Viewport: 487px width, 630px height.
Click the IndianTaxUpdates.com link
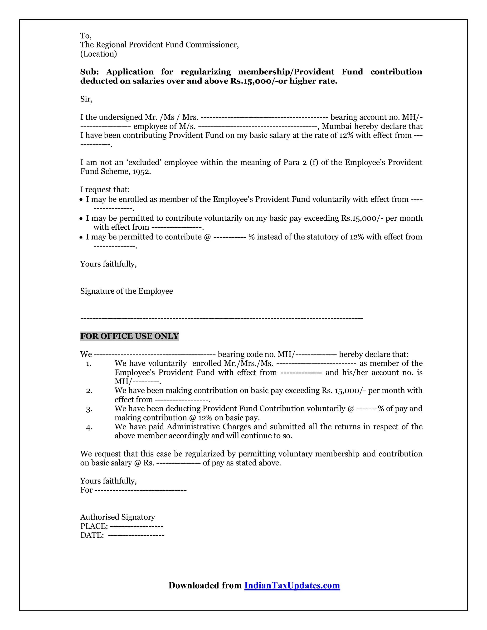292,585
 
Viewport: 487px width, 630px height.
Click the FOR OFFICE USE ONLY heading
130,336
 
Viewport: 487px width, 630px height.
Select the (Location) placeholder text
98,54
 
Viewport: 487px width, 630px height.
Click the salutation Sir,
86,99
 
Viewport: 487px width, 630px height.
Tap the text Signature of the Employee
126,291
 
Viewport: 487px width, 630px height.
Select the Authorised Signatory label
117,517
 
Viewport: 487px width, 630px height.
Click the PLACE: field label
94,526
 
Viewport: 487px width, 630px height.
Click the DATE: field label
92,535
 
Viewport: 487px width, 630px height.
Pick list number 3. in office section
89,409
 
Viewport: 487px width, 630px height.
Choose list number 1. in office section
88,364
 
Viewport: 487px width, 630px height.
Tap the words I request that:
105,189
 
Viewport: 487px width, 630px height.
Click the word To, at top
86,36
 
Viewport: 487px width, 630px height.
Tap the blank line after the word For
141,490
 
